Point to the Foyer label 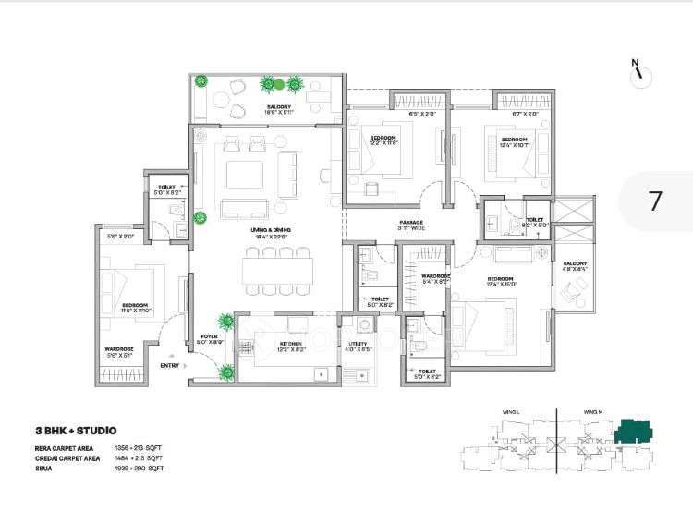pos(209,339)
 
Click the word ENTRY pos(169,366)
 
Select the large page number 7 pos(655,201)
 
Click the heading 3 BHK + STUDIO pos(69,431)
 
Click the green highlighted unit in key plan pos(635,429)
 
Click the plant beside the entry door pos(225,372)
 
